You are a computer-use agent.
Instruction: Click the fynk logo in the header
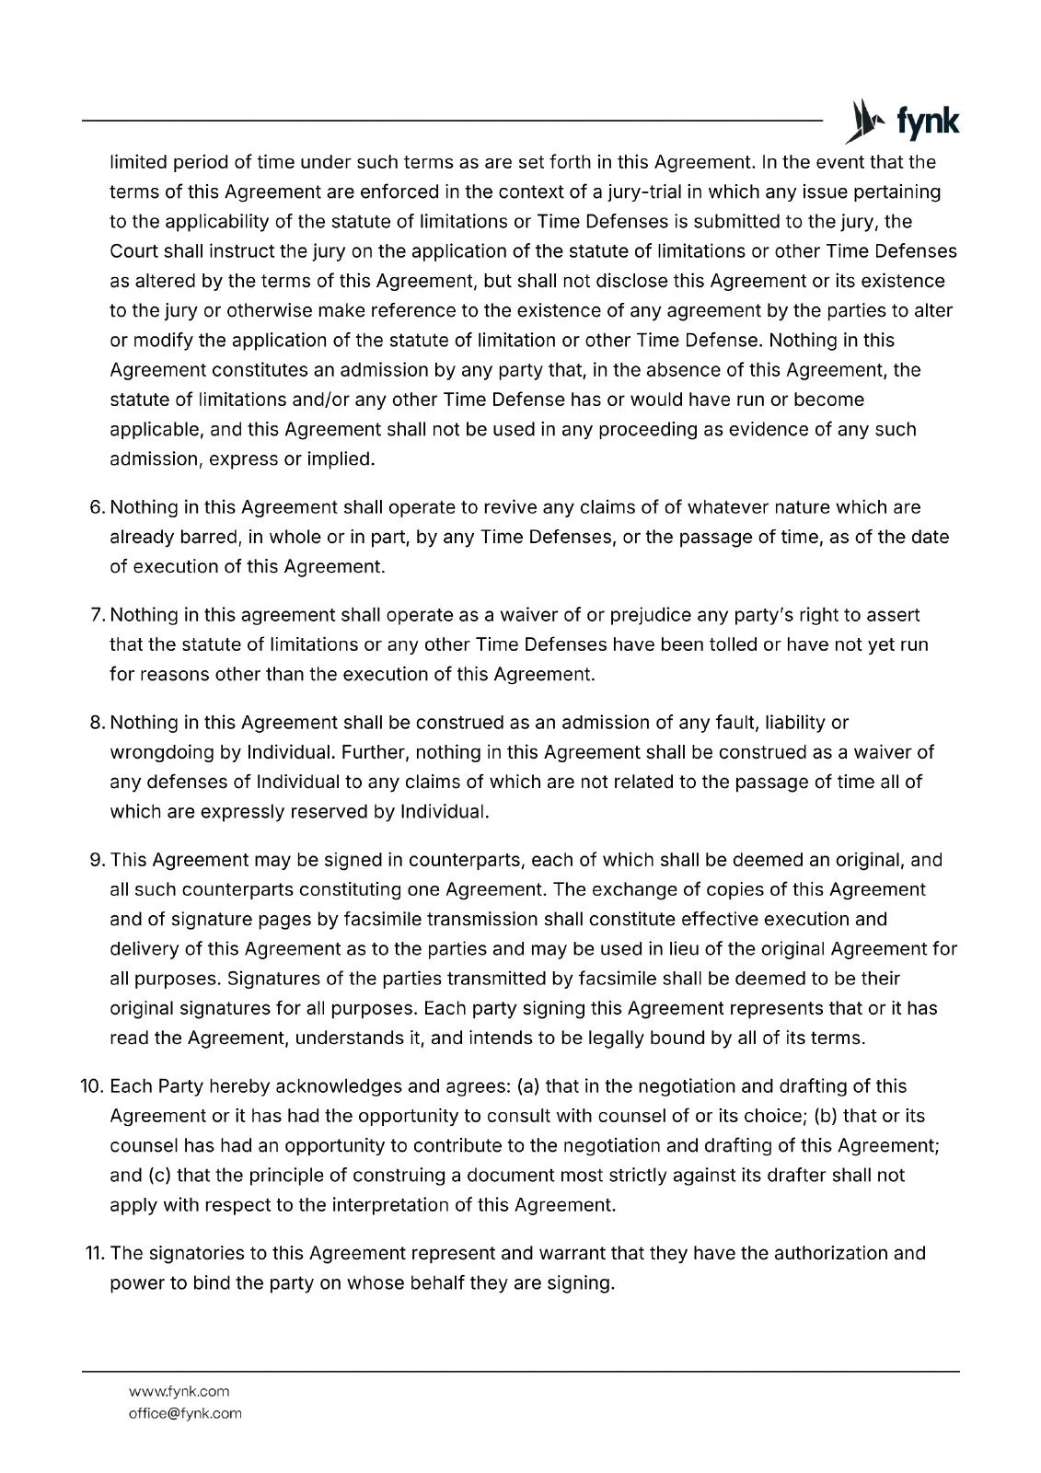click(903, 122)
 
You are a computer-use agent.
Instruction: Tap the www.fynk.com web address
click(179, 1391)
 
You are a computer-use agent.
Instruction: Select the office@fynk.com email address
click(185, 1413)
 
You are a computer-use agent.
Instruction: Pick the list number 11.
click(95, 1253)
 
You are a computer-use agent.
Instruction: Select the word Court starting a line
click(134, 251)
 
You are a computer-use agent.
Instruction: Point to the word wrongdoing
click(162, 752)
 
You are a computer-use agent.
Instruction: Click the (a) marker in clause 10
click(529, 1086)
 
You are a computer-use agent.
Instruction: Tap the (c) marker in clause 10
click(158, 1175)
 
